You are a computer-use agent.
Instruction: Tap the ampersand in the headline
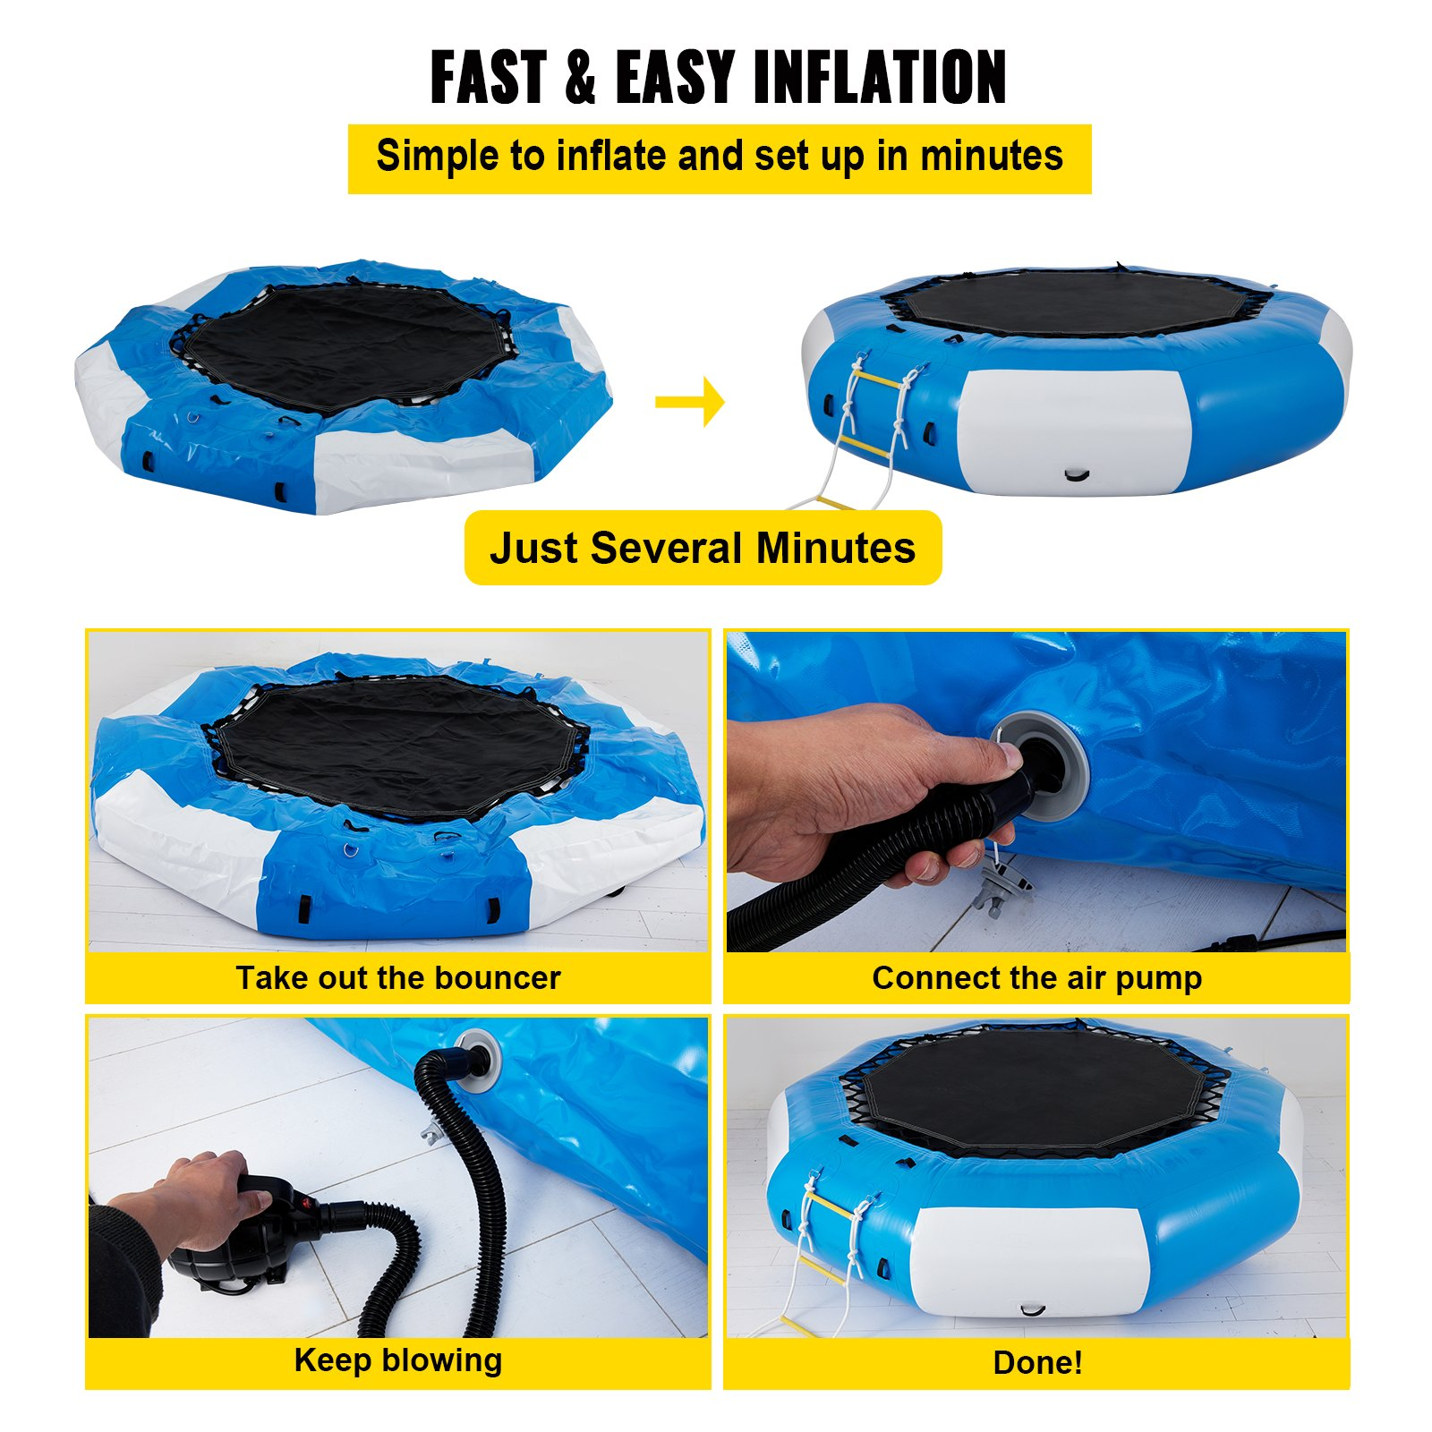pyautogui.click(x=581, y=78)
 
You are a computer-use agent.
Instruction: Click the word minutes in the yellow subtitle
pyautogui.click(x=992, y=156)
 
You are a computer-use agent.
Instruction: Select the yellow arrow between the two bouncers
pyautogui.click(x=689, y=402)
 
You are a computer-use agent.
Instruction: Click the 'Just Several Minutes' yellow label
pyautogui.click(x=703, y=548)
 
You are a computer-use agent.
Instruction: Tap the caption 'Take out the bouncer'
pyautogui.click(x=398, y=977)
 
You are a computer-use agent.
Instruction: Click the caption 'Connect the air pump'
pyautogui.click(x=1037, y=978)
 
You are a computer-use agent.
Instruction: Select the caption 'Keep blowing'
pyautogui.click(x=398, y=1360)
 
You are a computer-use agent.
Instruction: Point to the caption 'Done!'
pyautogui.click(x=1038, y=1362)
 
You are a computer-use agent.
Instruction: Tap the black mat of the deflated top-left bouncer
pyautogui.click(x=349, y=345)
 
